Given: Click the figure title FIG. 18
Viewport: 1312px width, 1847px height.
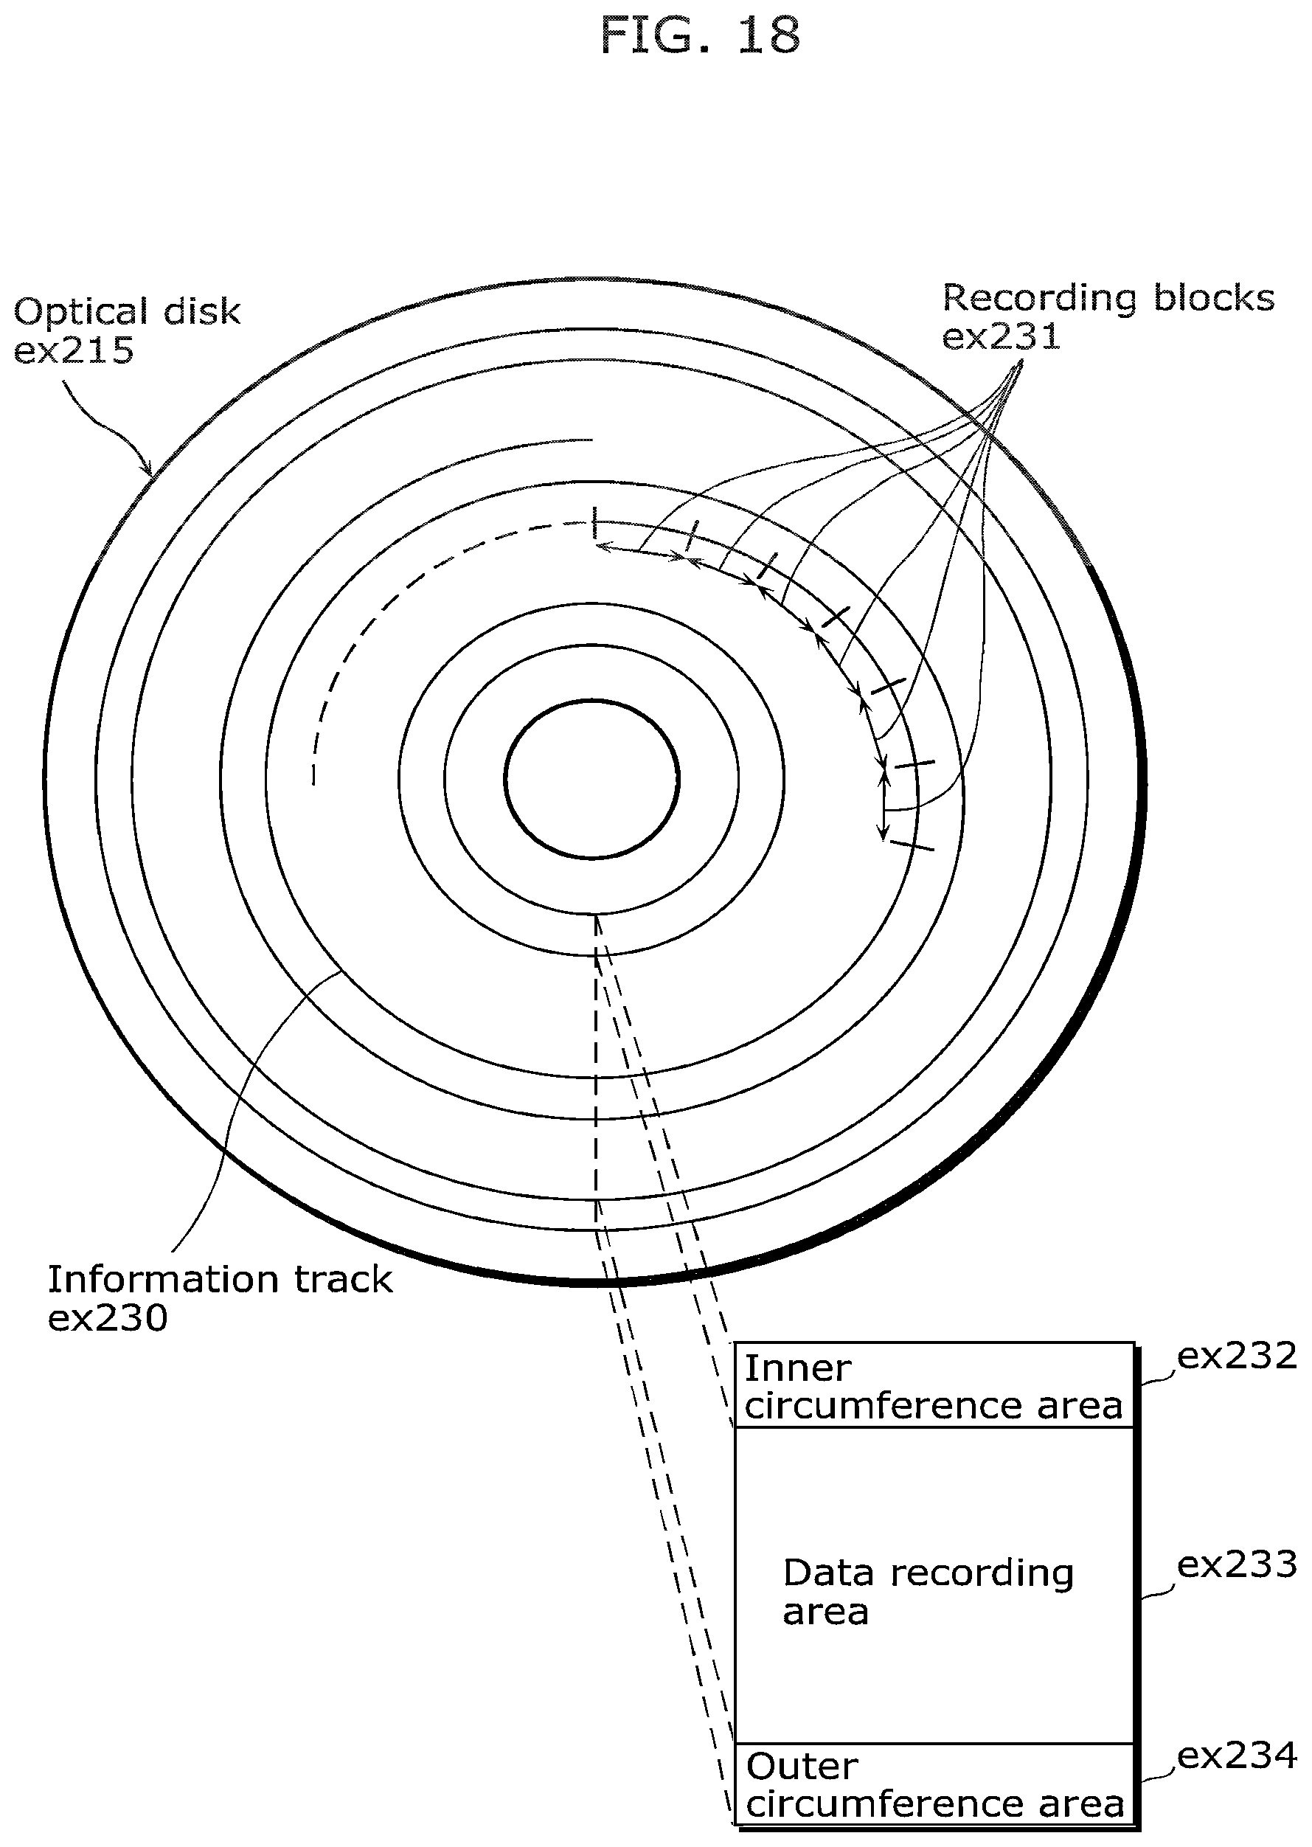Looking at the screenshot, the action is point(700,35).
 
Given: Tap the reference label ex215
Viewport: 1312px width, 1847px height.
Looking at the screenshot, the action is point(74,350).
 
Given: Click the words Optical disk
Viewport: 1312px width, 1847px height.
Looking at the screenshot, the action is point(128,312).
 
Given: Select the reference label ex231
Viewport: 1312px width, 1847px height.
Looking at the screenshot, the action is point(1001,336).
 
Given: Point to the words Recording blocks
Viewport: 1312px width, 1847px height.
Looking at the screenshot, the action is point(1108,297).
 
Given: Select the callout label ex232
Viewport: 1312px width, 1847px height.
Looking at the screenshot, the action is point(1236,1356).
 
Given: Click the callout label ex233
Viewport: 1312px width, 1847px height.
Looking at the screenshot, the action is point(1236,1565).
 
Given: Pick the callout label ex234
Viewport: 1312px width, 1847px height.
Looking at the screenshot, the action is point(1236,1756).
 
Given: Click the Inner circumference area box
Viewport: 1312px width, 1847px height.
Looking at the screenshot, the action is point(934,1386).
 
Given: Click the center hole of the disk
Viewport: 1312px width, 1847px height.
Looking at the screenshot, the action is point(592,779).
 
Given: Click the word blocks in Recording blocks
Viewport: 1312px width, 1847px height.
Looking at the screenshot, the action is point(1213,297).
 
